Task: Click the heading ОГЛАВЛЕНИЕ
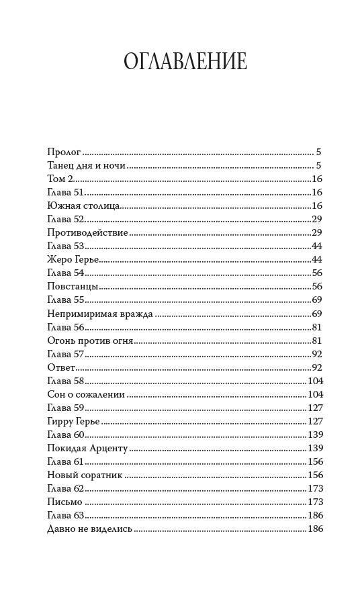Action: pos(185,62)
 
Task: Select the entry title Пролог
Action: pos(64,152)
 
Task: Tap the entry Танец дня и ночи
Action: pos(87,166)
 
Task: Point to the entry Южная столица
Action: pos(84,206)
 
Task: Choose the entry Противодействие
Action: pos(88,233)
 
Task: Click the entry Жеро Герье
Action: pos(73,260)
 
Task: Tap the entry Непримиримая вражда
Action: pos(101,314)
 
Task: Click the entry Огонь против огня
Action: pos(91,340)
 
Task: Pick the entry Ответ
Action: pos(61,367)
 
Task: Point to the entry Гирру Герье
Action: pos(74,421)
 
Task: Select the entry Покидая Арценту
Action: pos(87,448)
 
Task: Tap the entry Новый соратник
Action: pos(85,475)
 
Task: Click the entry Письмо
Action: pos(65,502)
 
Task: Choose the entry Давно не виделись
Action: pos(90,529)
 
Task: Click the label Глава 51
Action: pos(65,193)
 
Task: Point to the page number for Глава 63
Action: pos(315,515)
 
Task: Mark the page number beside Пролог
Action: pos(319,152)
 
